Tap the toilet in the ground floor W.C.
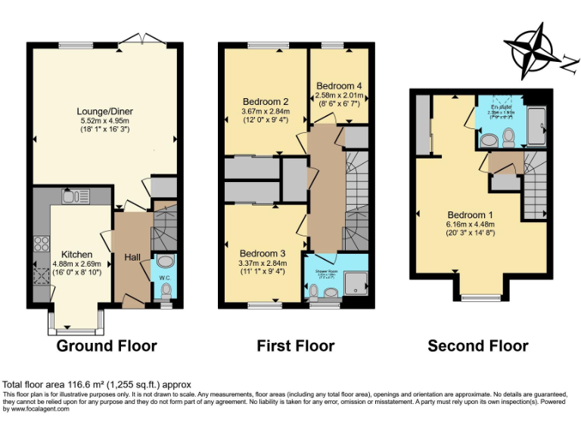click(166, 290)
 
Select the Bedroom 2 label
click(266, 102)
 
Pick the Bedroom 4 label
click(339, 85)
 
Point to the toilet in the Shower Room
click(314, 292)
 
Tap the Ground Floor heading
click(107, 346)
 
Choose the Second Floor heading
click(477, 346)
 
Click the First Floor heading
click(295, 346)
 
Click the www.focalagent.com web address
click(35, 409)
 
